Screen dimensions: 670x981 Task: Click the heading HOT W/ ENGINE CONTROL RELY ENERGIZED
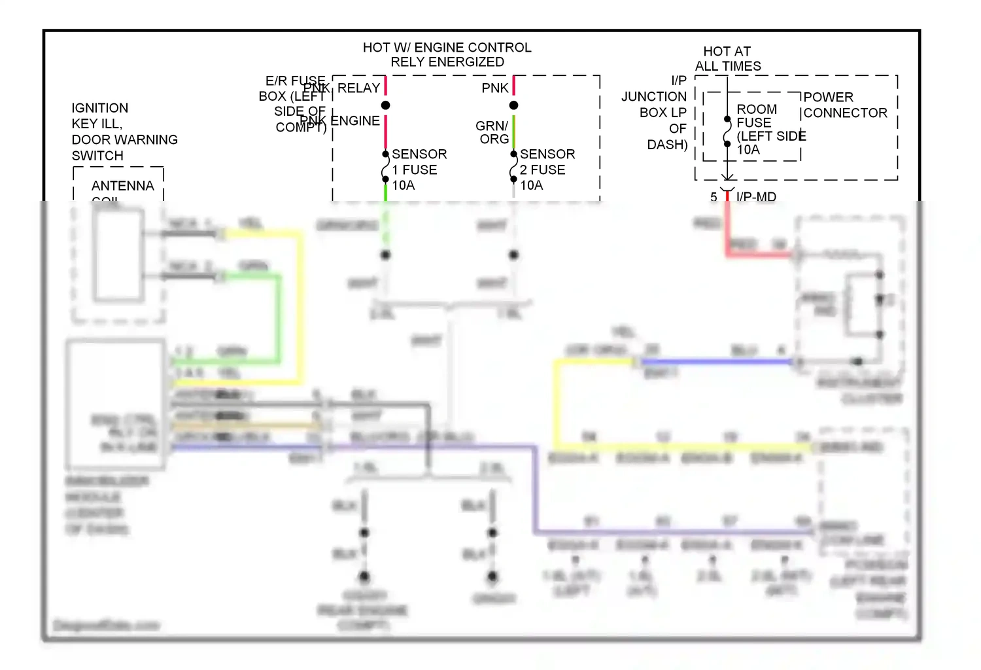point(447,55)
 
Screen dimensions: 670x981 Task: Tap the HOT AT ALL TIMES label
point(727,59)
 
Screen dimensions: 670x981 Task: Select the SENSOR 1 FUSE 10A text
point(419,169)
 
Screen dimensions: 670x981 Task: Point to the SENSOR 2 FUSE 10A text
point(547,169)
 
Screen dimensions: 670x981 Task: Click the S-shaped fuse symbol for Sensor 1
point(385,169)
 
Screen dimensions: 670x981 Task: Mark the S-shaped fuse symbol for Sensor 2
point(513,169)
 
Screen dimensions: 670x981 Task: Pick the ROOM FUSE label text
point(757,116)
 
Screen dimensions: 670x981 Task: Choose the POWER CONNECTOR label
point(844,105)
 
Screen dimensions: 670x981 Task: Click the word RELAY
point(358,88)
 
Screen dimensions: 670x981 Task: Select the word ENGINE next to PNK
point(355,121)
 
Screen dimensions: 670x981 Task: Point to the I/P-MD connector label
point(756,197)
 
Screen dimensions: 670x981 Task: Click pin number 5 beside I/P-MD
point(714,197)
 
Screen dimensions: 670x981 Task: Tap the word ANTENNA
point(122,186)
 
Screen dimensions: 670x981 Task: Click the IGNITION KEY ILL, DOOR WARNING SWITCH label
point(124,132)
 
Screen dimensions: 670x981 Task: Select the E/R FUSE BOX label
point(293,103)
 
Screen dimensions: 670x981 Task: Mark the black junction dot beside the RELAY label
point(385,105)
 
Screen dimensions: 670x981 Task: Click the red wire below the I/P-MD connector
point(727,226)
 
